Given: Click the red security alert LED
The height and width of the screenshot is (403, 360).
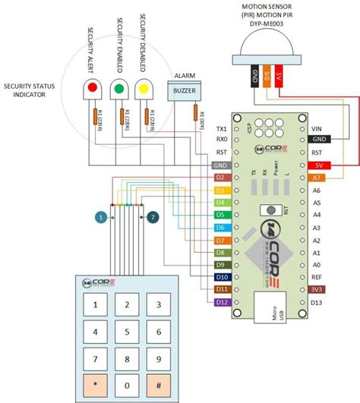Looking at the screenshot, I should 93,89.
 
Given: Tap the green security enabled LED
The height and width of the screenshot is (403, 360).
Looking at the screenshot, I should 118,89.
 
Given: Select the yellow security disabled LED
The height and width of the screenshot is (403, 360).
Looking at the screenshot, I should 144,89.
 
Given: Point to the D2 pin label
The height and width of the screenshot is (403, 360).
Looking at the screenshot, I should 219,177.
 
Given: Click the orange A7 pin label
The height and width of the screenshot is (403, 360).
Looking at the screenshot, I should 317,177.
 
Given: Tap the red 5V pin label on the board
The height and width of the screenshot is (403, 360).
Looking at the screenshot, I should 317,165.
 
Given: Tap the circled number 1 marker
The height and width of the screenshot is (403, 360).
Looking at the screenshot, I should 99,218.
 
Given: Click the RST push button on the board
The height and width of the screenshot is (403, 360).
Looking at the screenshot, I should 267,210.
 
